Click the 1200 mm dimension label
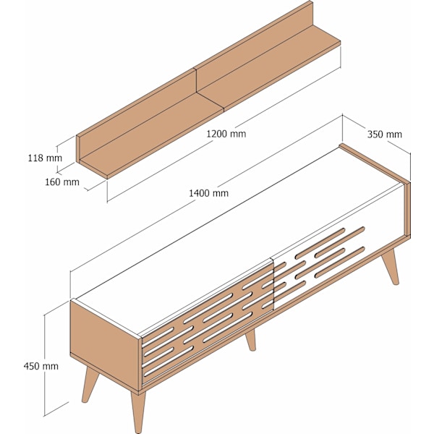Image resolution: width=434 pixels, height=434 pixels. (226, 134)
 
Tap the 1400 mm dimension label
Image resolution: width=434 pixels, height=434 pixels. (209, 193)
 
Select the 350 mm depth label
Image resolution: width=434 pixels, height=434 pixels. (385, 135)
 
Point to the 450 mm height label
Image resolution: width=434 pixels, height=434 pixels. (41, 366)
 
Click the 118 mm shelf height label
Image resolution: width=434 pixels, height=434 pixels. (45, 158)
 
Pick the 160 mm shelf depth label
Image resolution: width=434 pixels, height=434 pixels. (62, 182)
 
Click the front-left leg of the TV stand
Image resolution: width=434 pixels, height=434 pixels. (138, 412)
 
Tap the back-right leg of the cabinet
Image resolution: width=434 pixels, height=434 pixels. (391, 266)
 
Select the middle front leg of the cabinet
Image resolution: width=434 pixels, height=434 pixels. (251, 341)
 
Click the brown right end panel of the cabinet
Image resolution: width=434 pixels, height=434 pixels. (407, 208)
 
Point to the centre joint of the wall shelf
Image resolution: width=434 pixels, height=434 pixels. (196, 80)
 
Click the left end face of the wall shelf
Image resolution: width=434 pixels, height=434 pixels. (78, 149)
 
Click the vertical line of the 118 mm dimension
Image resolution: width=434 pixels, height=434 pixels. (57, 158)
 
